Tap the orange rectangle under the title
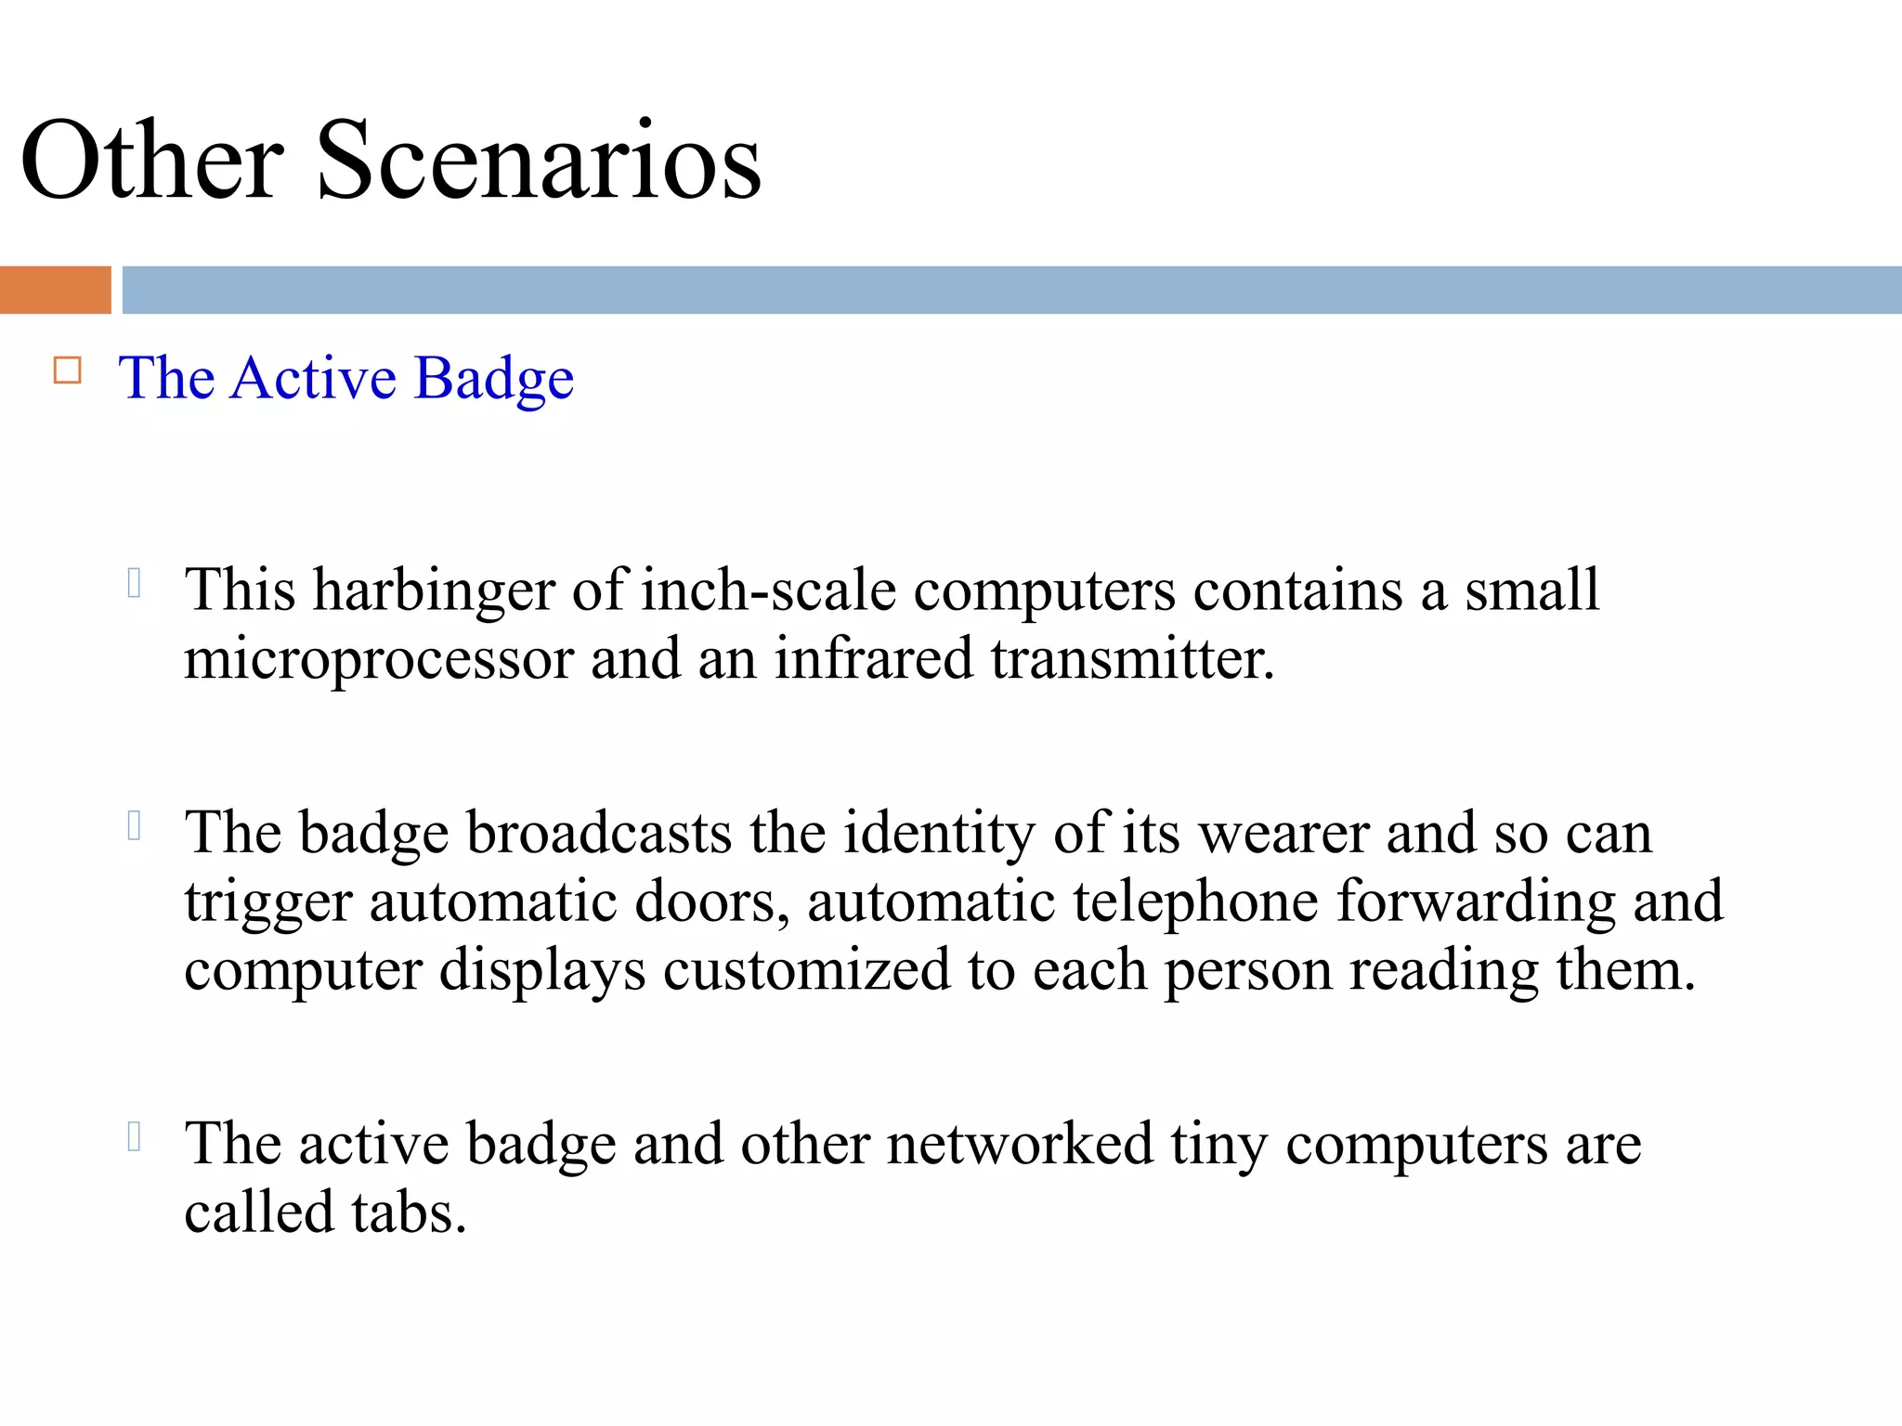[55, 290]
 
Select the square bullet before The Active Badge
[68, 370]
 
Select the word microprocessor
[379, 660]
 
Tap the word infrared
[874, 658]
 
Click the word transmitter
[1132, 658]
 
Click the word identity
[939, 834]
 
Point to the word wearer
[1283, 834]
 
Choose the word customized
[806, 970]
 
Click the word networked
[1019, 1144]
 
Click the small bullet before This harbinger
[134, 583]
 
